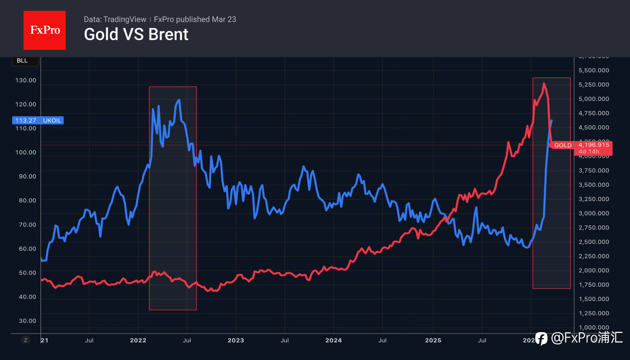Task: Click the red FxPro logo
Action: tap(44, 30)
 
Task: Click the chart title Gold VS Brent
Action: tap(136, 35)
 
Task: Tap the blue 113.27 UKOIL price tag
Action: tap(37, 121)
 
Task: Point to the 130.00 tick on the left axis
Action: tap(26, 80)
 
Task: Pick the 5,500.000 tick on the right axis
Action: tap(594, 70)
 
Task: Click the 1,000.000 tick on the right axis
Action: tap(594, 327)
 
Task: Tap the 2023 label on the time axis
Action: tap(235, 340)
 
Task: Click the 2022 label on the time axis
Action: tap(138, 340)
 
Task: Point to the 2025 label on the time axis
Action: tap(433, 340)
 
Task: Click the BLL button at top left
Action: tap(22, 61)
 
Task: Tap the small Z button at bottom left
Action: tap(26, 340)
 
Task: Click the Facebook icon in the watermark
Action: tap(541, 338)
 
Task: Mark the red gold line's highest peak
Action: tap(544, 84)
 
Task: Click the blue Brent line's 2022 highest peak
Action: tap(178, 100)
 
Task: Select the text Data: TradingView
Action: tap(115, 19)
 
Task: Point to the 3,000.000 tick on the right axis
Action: tap(594, 213)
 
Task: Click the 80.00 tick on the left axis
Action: tap(26, 200)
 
